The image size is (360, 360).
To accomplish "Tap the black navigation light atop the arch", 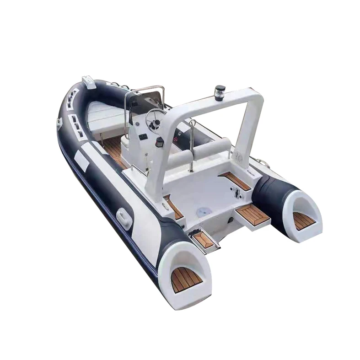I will click(221, 90).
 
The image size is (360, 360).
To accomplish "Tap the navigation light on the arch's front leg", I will click(160, 143).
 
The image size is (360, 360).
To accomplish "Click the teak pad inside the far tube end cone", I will click(304, 221).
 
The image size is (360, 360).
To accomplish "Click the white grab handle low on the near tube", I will click(124, 215).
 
